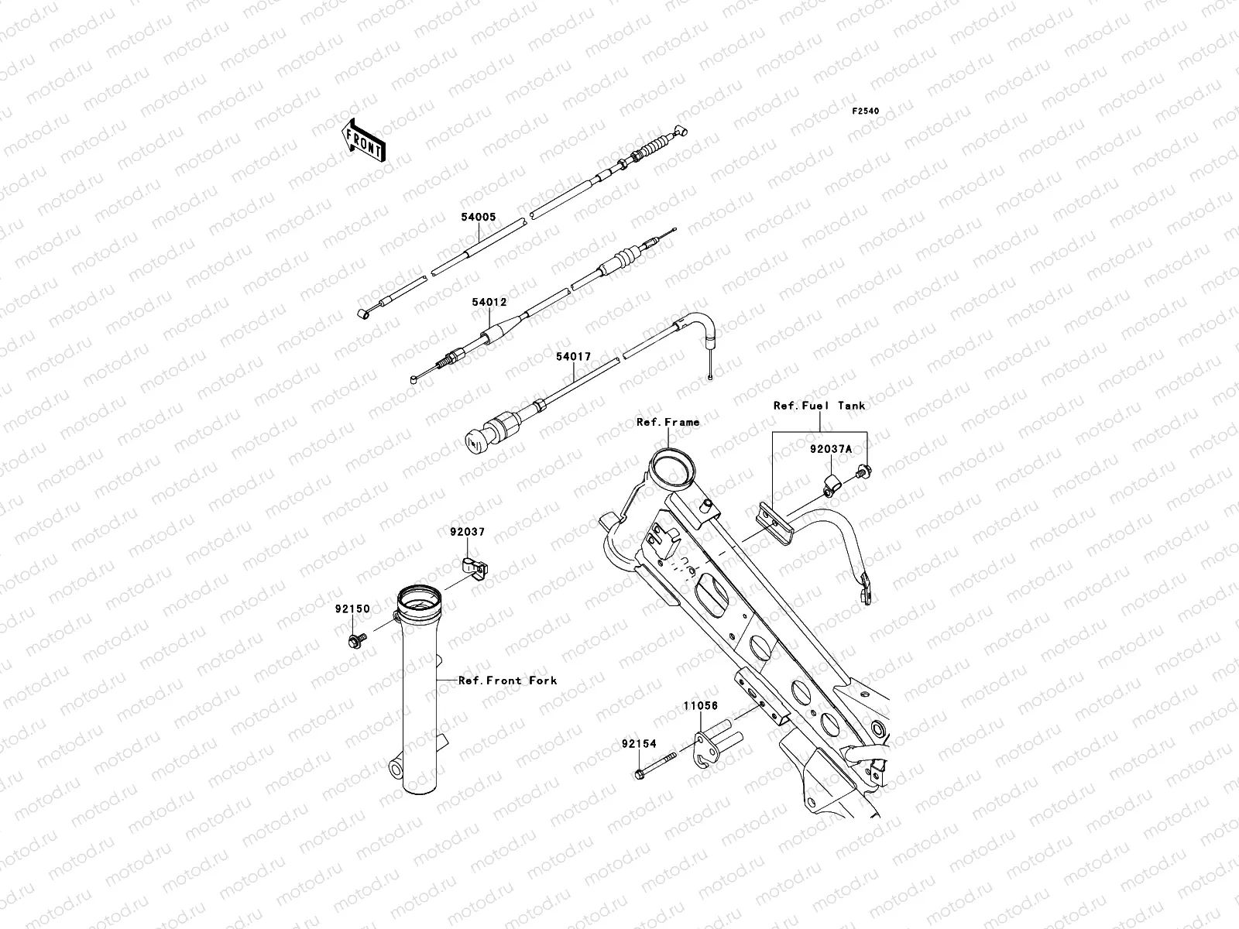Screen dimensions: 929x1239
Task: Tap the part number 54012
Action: [x=489, y=302]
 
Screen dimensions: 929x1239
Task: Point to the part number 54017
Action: [x=573, y=357]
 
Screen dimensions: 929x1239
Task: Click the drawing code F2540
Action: [x=866, y=111]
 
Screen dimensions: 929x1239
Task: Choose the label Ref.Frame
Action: [x=668, y=422]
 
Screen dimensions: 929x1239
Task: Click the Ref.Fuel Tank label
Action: [x=819, y=405]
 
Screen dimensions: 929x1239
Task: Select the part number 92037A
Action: [x=831, y=448]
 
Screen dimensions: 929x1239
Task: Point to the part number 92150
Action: [x=352, y=609]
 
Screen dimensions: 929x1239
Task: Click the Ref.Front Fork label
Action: [x=507, y=680]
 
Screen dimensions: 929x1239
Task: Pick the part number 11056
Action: [x=700, y=706]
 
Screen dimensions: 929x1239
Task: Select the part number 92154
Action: [x=639, y=744]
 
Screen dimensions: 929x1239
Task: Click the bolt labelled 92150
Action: [x=355, y=641]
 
